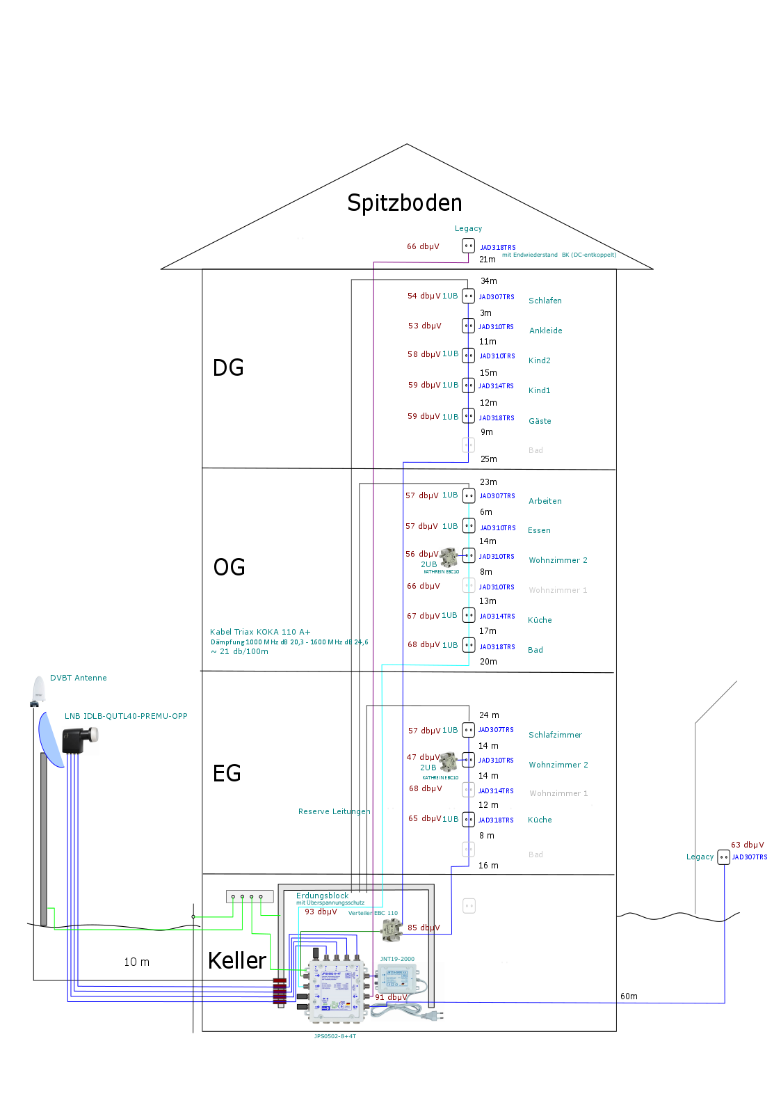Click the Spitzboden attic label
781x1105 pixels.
[405, 202]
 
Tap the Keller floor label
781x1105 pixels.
[237, 961]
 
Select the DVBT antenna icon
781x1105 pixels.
[38, 691]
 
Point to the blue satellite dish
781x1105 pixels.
[50, 739]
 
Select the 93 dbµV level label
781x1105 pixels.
[321, 912]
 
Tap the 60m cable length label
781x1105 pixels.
[629, 996]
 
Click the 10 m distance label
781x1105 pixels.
[136, 962]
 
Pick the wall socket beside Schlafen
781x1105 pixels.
[469, 296]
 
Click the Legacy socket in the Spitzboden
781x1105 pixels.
[469, 246]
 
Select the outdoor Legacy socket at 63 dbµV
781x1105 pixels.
[723, 857]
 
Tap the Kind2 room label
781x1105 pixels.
[540, 360]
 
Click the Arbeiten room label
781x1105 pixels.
[545, 501]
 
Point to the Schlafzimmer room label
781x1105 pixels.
[555, 735]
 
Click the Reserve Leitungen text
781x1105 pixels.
[334, 811]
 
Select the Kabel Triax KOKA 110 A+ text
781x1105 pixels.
[260, 632]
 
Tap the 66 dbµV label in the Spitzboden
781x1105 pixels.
[423, 246]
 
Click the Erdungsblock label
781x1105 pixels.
[322, 896]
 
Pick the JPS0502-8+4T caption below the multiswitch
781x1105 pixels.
[335, 1036]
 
